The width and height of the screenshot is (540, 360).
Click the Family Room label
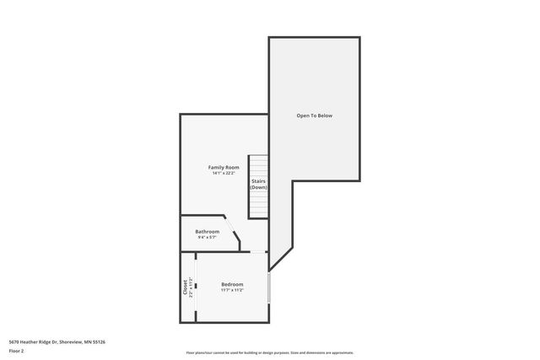[x=224, y=168]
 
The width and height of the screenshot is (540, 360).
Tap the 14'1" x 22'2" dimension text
[x=224, y=174]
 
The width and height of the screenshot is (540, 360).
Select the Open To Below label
[x=314, y=116]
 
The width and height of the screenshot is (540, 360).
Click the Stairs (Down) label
[x=258, y=184]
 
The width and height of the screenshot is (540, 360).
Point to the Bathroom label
[x=207, y=231]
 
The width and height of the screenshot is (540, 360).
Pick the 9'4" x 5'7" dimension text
[x=207, y=237]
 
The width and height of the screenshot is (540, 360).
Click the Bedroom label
[x=232, y=284]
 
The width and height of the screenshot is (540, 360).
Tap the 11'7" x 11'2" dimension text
[x=232, y=290]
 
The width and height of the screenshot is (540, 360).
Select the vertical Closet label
[x=185, y=287]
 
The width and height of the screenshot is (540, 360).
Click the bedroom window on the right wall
[x=269, y=287]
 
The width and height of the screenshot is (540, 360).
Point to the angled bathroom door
[x=231, y=230]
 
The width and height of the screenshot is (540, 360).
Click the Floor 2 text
[x=16, y=350]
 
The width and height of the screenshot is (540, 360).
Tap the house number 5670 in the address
[x=13, y=341]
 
